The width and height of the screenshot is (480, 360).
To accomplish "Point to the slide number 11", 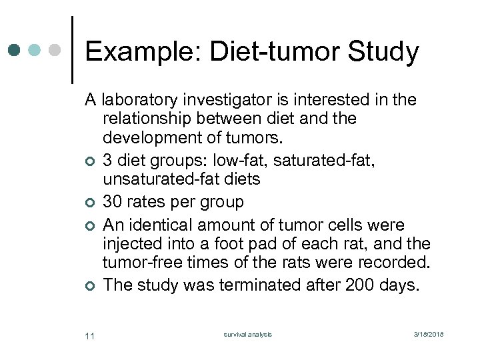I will tap(90, 335).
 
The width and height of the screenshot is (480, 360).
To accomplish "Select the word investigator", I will tap(231, 100).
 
